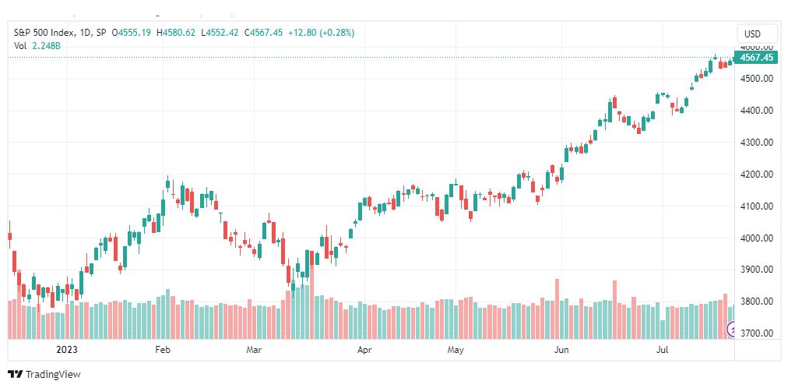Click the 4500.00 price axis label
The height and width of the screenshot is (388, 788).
coord(756,79)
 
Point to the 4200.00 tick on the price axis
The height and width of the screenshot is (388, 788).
coord(756,175)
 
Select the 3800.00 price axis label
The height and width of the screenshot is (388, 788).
coord(756,302)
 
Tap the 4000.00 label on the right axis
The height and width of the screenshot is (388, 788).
coord(756,238)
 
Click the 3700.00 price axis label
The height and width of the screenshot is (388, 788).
coord(756,333)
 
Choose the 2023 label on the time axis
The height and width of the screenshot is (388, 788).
coord(67,349)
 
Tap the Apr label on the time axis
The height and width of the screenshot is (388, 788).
coord(364,349)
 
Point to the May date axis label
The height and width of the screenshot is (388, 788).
coord(456,349)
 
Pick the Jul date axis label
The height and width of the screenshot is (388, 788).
coord(662,349)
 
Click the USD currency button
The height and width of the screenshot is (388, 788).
coord(752,34)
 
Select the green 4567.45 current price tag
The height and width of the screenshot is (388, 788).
coord(756,58)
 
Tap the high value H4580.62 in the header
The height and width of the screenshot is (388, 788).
coord(175,33)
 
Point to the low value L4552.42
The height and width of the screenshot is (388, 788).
coord(219,33)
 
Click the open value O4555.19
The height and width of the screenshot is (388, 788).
coord(132,33)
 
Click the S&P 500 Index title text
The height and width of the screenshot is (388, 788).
coord(44,33)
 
